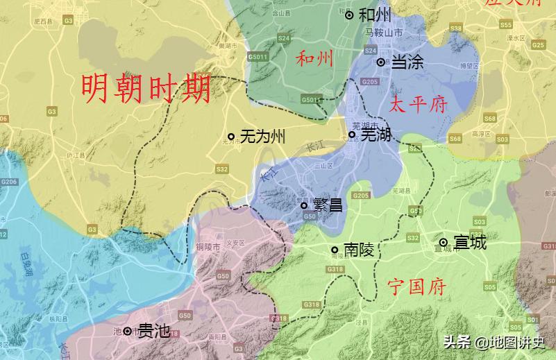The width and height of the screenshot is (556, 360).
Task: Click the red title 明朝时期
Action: [146, 88]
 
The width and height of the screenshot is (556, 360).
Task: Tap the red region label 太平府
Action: [419, 105]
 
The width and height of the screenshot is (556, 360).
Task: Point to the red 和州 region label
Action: [314, 58]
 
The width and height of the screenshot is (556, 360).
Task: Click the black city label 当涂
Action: [407, 62]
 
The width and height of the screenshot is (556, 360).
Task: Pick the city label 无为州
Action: [262, 137]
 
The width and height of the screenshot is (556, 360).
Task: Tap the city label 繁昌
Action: [328, 205]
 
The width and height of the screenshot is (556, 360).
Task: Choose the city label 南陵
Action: [358, 250]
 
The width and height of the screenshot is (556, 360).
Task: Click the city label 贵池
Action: [153, 331]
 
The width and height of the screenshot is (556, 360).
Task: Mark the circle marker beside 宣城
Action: [443, 242]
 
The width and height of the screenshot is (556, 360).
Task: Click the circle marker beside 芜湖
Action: [352, 135]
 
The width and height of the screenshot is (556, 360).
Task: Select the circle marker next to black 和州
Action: [349, 15]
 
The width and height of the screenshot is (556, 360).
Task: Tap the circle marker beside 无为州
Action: [231, 137]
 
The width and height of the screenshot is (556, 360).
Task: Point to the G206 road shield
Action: [8, 182]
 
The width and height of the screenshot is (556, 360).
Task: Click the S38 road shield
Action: [455, 28]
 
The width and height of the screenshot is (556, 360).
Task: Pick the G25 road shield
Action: [538, 44]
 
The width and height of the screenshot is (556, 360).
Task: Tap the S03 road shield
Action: [478, 221]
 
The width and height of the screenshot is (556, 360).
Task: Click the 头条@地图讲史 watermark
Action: [495, 342]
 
